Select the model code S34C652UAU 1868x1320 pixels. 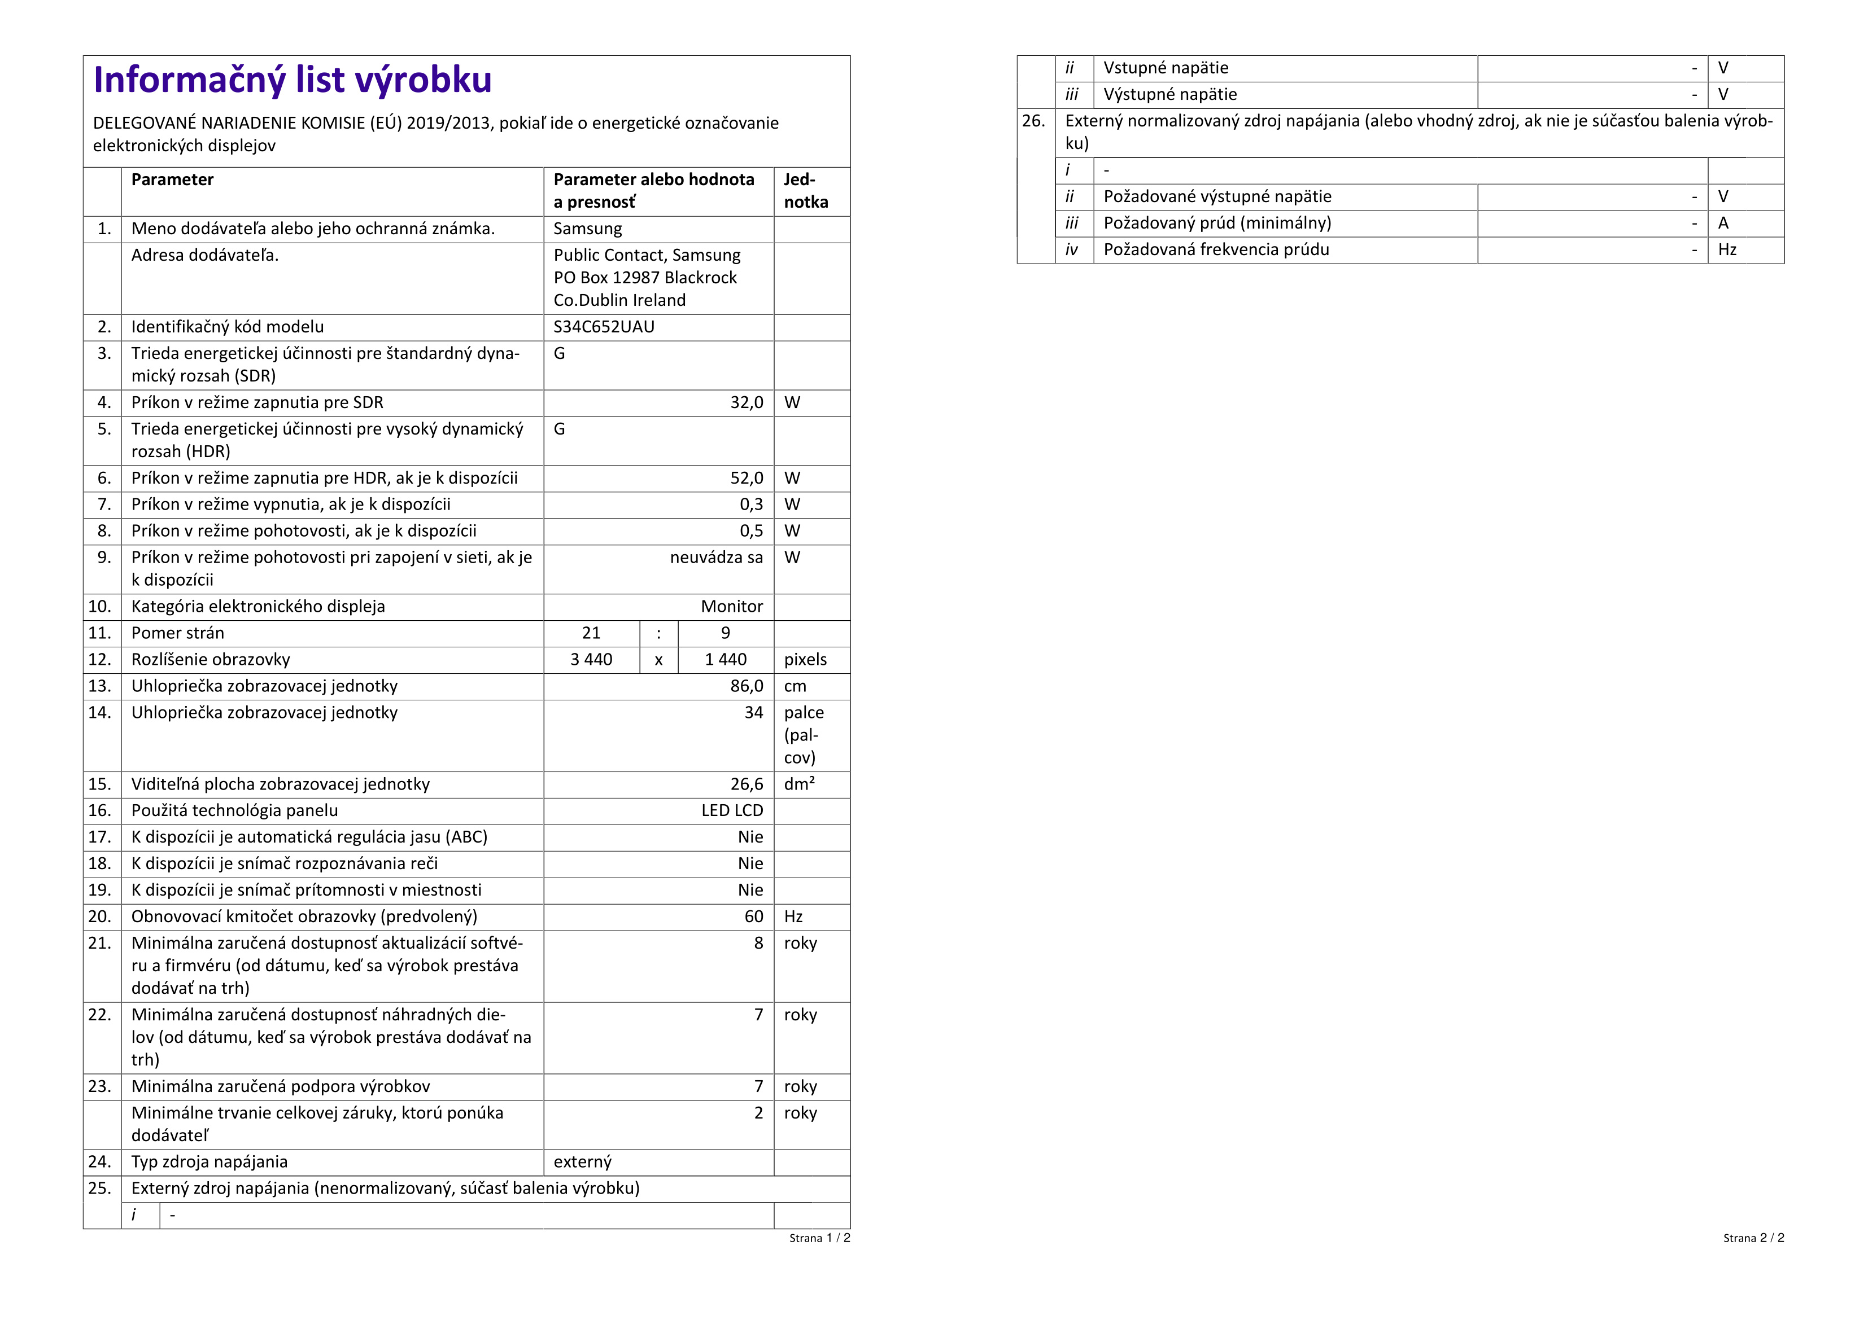pyautogui.click(x=604, y=327)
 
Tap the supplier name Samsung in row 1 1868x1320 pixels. pyautogui.click(x=587, y=229)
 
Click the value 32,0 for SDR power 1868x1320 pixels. pyautogui.click(x=746, y=402)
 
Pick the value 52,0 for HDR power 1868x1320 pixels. pyautogui.click(x=746, y=478)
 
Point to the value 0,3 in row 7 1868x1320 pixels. pyautogui.click(x=751, y=505)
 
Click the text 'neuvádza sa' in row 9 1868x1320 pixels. pyautogui.click(x=716, y=557)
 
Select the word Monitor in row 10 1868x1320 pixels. pyautogui.click(x=731, y=607)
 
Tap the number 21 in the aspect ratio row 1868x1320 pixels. pyautogui.click(x=591, y=633)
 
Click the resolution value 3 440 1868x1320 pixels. pyautogui.click(x=591, y=660)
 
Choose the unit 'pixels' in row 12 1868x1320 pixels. pyautogui.click(x=805, y=660)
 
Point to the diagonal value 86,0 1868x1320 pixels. pyautogui.click(x=746, y=686)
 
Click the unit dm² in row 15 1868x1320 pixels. pyautogui.click(x=799, y=784)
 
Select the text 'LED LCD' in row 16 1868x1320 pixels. pyautogui.click(x=732, y=811)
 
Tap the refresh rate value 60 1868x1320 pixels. pyautogui.click(x=753, y=916)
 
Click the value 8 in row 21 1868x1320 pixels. pyautogui.click(x=758, y=944)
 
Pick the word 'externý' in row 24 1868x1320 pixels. pyautogui.click(x=583, y=1162)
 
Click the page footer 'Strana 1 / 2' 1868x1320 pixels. pyautogui.click(x=819, y=1238)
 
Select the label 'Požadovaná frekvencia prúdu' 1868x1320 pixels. pyautogui.click(x=1216, y=249)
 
